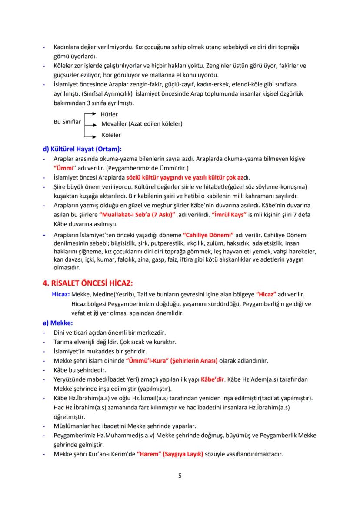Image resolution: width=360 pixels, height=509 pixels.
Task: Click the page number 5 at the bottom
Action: click(180, 475)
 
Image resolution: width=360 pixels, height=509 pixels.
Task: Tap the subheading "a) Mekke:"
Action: click(57, 323)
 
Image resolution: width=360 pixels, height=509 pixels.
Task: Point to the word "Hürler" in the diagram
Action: click(109, 114)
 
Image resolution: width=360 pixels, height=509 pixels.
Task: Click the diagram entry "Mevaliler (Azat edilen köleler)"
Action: click(142, 124)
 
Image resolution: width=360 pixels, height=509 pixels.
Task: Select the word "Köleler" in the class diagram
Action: click(111, 135)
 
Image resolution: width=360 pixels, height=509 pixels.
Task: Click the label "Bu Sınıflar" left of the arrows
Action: click(67, 122)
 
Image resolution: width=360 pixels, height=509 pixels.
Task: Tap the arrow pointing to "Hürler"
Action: click(90, 114)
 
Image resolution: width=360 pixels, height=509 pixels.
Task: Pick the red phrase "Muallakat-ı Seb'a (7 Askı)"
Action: click(137, 215)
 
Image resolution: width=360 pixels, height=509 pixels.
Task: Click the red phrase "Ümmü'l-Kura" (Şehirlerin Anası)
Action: click(171, 361)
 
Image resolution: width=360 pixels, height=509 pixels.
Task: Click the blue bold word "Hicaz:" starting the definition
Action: click(60, 293)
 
